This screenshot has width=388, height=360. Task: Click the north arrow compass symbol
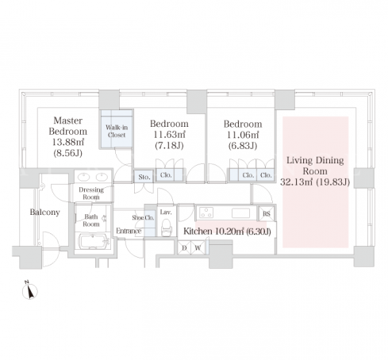pos(29,290)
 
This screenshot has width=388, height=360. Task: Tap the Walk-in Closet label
pos(117,131)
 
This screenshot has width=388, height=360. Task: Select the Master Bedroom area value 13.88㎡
pos(67,142)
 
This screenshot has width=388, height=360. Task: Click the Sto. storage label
pos(144,177)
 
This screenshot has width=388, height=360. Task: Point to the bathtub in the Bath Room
pos(94,241)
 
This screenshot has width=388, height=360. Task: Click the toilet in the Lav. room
pos(166,228)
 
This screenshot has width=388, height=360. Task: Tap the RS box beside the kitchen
pos(267,213)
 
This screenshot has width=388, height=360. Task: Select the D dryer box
pos(184,247)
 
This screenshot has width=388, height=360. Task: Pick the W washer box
pos(198,247)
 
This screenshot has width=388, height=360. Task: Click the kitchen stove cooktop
pos(206,213)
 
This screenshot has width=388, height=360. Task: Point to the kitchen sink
pos(240,213)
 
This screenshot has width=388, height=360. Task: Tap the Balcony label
pos(44,213)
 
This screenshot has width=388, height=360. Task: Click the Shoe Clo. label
pos(143,217)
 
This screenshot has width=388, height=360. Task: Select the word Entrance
pos(129,231)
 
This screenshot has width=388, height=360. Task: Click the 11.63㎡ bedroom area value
pos(169,135)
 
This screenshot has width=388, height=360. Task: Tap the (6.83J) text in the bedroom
pos(243,146)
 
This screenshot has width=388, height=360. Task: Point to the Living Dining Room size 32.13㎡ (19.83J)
pos(315,182)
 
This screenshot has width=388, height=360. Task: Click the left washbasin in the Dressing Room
pos(84,176)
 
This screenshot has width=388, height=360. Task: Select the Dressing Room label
pos(91,193)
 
